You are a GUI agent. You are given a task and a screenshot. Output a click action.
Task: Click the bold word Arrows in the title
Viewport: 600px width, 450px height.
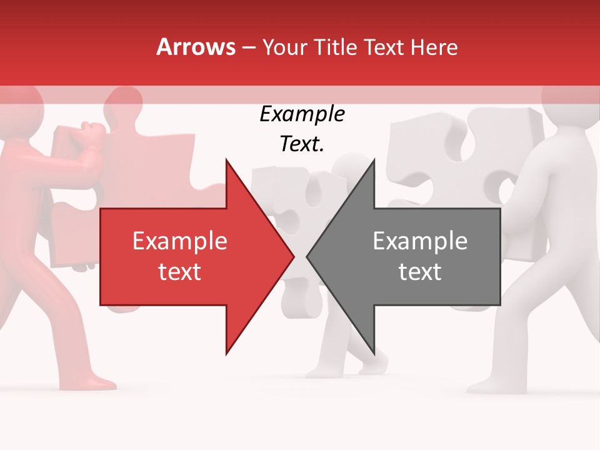click(196, 47)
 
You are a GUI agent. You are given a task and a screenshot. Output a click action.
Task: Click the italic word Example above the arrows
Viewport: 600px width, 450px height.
click(302, 114)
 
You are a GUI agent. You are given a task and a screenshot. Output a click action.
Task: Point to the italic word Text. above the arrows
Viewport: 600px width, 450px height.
click(302, 144)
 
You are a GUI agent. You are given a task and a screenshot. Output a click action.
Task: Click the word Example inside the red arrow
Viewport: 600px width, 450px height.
click(179, 241)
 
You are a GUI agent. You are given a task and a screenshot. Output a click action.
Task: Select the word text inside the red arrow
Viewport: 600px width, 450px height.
click(179, 272)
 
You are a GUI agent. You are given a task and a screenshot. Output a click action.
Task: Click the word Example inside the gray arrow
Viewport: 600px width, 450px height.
click(420, 241)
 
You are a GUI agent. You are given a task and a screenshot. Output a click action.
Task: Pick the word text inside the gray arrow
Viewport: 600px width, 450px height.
click(420, 272)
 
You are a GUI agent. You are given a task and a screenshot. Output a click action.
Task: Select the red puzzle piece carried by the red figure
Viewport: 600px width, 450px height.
click(144, 156)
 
